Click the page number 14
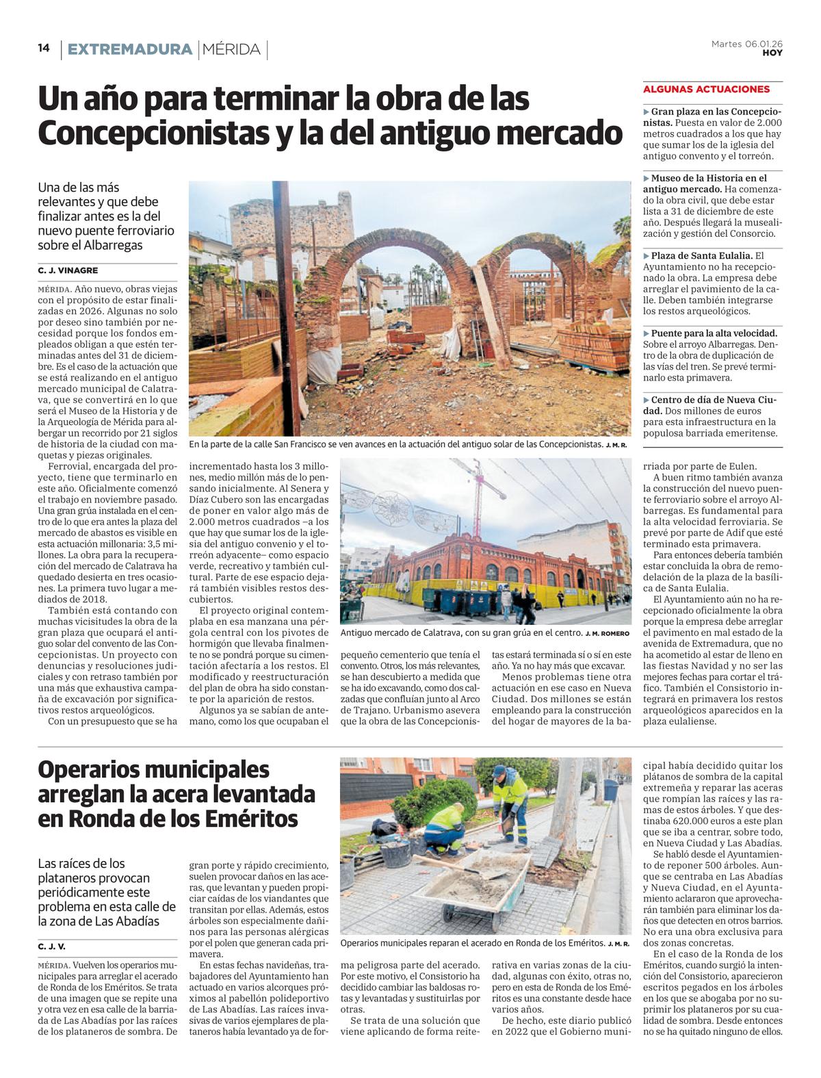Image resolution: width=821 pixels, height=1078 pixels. click(x=44, y=49)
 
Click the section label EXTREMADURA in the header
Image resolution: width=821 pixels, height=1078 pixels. click(x=130, y=49)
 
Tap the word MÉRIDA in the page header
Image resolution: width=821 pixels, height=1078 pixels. click(x=231, y=49)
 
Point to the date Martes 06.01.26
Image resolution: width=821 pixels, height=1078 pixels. click(x=746, y=43)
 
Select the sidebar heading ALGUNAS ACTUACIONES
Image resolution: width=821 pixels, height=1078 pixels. click(x=706, y=89)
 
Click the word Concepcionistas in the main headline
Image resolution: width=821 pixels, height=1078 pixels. click(x=152, y=133)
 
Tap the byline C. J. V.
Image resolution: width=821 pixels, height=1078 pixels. click(x=51, y=947)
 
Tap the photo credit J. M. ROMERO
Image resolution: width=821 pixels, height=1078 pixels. click(x=606, y=634)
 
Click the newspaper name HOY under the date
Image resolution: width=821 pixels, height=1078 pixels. click(x=772, y=53)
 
